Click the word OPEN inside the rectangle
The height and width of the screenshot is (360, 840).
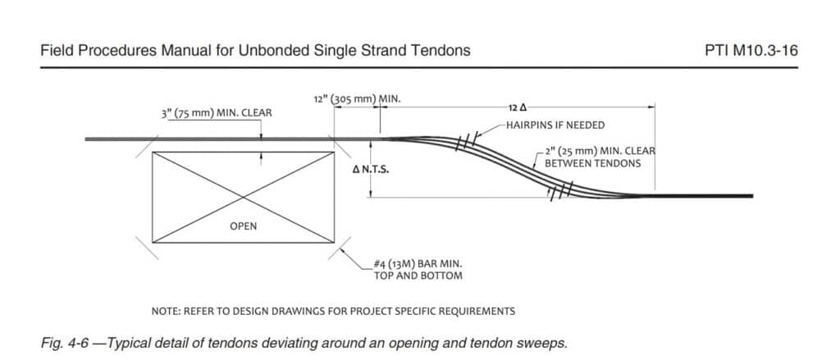pyautogui.click(x=243, y=226)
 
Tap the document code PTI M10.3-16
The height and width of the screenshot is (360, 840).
pyautogui.click(x=751, y=51)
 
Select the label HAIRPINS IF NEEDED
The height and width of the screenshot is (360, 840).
pyautogui.click(x=555, y=125)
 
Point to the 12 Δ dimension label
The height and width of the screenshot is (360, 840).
pyautogui.click(x=514, y=107)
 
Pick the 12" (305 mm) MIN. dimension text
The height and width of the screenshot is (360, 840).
pyautogui.click(x=358, y=99)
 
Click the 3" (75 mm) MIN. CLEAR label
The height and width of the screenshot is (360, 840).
pyautogui.click(x=217, y=113)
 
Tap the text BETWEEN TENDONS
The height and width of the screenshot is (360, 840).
pyautogui.click(x=592, y=163)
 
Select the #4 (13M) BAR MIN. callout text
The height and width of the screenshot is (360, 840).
pyautogui.click(x=418, y=265)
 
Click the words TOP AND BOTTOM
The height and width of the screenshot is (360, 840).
pyautogui.click(x=418, y=276)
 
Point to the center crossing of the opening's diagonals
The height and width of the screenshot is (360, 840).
pyautogui.click(x=243, y=197)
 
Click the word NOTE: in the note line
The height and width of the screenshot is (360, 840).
pyautogui.click(x=166, y=312)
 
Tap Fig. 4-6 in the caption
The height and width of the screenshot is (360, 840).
pyautogui.click(x=61, y=343)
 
